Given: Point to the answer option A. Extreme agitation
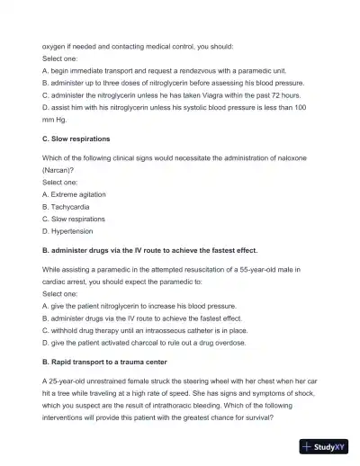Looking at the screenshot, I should (x=74, y=193).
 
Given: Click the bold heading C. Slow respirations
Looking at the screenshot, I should (x=76, y=139).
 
